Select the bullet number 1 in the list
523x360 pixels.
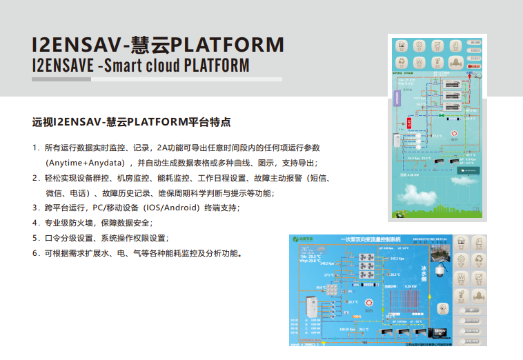point(34,148)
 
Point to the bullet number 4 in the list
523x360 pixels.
point(34,223)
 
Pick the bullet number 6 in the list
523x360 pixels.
point(34,253)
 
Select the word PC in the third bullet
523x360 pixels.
point(99,208)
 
